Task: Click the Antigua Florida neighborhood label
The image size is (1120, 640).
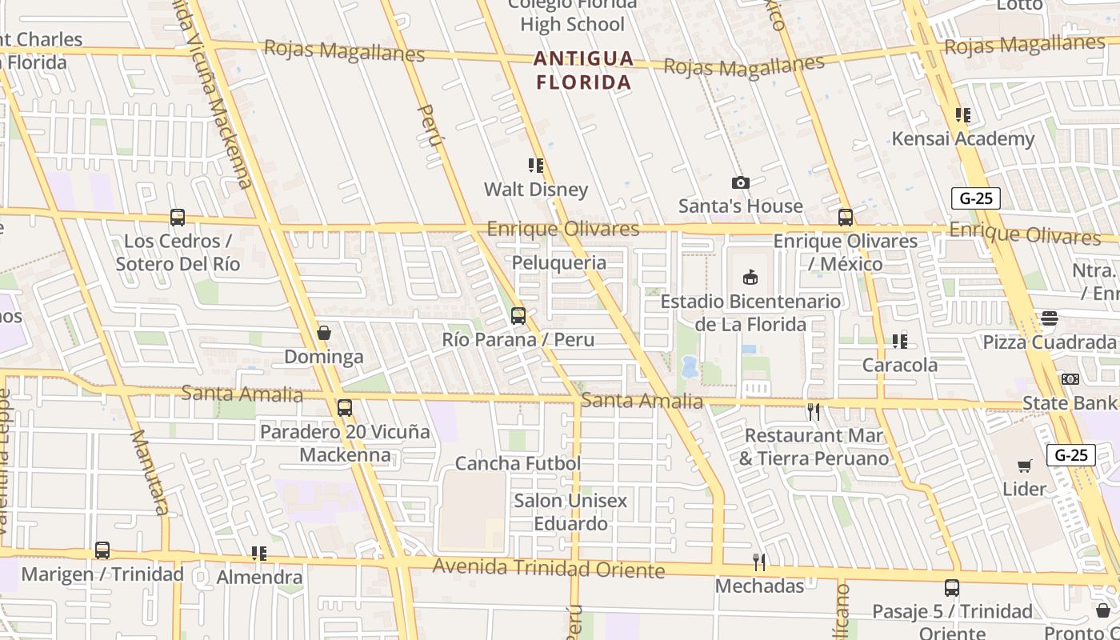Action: tap(584, 70)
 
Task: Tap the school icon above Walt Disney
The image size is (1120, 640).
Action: tap(536, 166)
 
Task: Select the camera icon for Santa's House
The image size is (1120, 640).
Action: tap(741, 183)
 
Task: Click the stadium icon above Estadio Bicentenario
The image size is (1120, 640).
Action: tap(750, 278)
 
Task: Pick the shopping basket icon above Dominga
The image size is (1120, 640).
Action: tap(324, 333)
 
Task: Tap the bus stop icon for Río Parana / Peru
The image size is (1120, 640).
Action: tap(518, 316)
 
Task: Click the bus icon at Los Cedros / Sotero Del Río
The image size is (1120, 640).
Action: tap(178, 218)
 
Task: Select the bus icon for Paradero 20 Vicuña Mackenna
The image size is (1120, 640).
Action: tap(345, 408)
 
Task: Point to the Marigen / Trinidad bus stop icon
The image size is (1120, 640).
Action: tap(102, 550)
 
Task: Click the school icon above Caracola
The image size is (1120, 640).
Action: tap(900, 342)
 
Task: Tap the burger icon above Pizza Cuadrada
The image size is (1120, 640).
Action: tap(1050, 318)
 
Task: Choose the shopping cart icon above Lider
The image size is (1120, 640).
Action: tap(1025, 466)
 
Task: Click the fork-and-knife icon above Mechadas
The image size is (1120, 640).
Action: tap(759, 562)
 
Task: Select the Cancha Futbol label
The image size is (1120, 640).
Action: tap(518, 463)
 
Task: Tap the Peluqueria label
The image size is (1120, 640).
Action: tap(558, 262)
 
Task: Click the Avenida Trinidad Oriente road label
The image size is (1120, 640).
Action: tap(549, 569)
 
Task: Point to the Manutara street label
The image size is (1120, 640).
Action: tap(150, 472)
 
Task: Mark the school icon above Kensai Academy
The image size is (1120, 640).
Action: tap(963, 115)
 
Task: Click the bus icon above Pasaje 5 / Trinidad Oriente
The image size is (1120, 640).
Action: tap(952, 588)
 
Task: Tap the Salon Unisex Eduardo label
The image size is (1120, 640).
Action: tap(570, 512)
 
